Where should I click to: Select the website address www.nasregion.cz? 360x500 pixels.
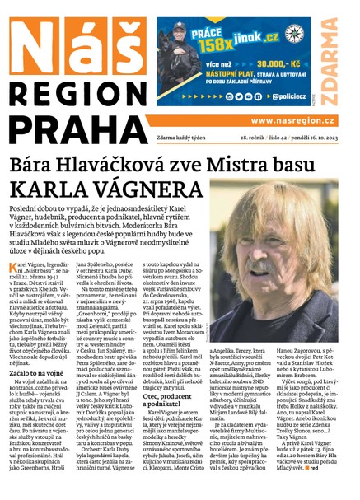point(290,119)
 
